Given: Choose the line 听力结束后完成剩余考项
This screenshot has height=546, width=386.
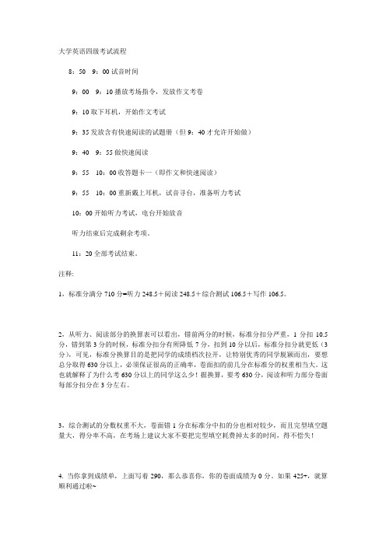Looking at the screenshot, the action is point(117,233).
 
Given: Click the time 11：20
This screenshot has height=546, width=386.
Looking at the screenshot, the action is point(82,253).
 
